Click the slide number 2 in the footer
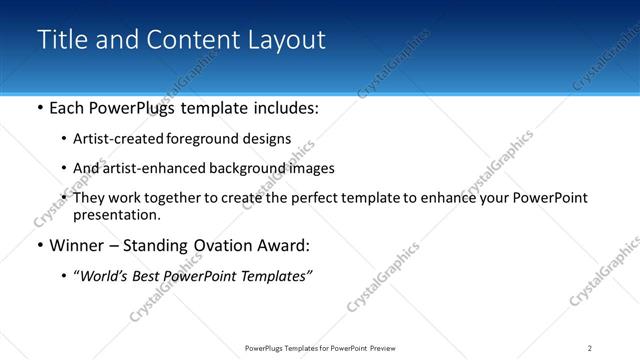(x=589, y=348)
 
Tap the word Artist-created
(x=114, y=139)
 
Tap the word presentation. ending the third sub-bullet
(x=116, y=214)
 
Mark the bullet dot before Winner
(x=39, y=245)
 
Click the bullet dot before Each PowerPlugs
(x=39, y=108)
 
